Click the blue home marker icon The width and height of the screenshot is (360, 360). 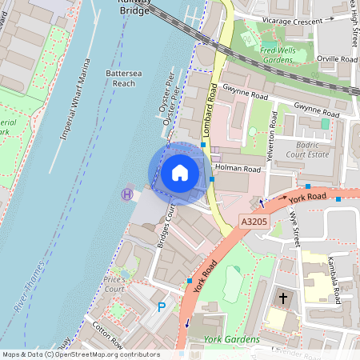click(x=180, y=173)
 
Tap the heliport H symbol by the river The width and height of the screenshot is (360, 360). click(x=126, y=193)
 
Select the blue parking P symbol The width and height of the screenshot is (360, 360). click(x=162, y=306)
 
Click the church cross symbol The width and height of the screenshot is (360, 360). click(x=282, y=298)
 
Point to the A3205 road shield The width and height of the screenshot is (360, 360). click(x=253, y=220)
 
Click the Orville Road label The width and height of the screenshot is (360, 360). click(x=335, y=58)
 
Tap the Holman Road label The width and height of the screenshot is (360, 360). click(x=238, y=169)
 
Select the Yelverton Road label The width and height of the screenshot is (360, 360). click(x=271, y=132)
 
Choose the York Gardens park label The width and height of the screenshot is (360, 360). click(x=232, y=339)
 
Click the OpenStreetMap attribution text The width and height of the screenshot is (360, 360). click(x=80, y=354)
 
